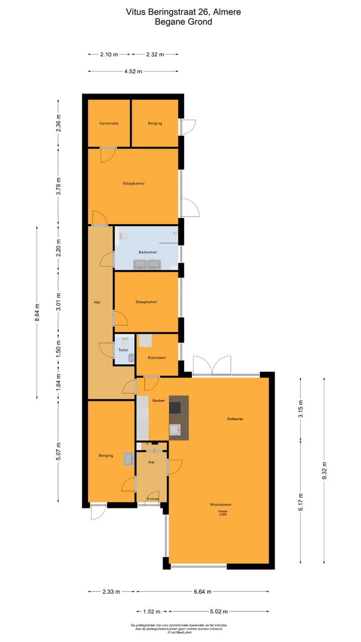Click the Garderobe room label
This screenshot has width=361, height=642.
tap(109, 123)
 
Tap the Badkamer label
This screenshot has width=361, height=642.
tap(148, 252)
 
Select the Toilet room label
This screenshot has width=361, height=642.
tap(123, 350)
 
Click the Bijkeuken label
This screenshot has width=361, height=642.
tap(157, 358)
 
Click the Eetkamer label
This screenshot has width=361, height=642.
tap(235, 419)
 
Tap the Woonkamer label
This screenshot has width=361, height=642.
tap(221, 505)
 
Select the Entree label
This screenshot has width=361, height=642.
tap(153, 499)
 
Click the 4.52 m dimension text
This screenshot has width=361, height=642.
tap(133, 71)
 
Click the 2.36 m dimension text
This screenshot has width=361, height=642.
tap(59, 123)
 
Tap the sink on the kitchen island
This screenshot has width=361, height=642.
tap(175, 429)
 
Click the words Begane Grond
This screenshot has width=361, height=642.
tap(183, 22)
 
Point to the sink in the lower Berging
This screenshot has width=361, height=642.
tap(128, 458)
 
